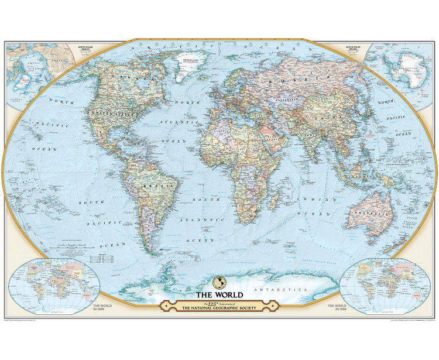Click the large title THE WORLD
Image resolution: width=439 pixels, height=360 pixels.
pyautogui.click(x=219, y=294)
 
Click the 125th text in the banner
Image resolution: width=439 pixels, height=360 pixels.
pyautogui.click(x=205, y=302)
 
